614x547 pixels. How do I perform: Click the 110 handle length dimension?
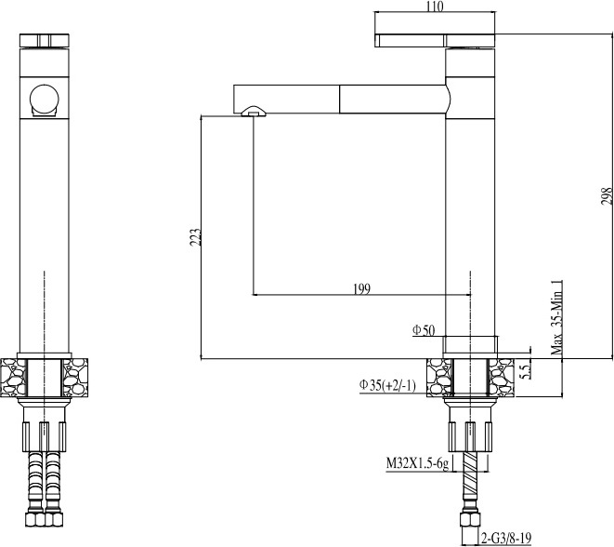[435, 7]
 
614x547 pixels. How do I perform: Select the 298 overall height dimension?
[607, 195]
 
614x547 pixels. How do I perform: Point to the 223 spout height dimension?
[195, 237]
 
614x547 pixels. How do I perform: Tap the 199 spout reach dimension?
[361, 289]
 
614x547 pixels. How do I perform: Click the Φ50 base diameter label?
[424, 330]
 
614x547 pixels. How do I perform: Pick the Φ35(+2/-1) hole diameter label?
[387, 386]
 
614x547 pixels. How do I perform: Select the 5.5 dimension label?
[527, 370]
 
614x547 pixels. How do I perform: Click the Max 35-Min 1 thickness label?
[556, 318]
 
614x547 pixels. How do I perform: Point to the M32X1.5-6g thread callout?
[417, 463]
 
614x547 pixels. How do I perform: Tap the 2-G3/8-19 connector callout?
[506, 538]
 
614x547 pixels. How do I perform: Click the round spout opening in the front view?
[44, 99]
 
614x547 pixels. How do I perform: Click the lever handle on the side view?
[435, 40]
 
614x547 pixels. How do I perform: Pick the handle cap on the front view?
[45, 41]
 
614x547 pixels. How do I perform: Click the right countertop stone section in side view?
[501, 378]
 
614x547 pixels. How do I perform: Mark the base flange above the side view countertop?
[470, 344]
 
